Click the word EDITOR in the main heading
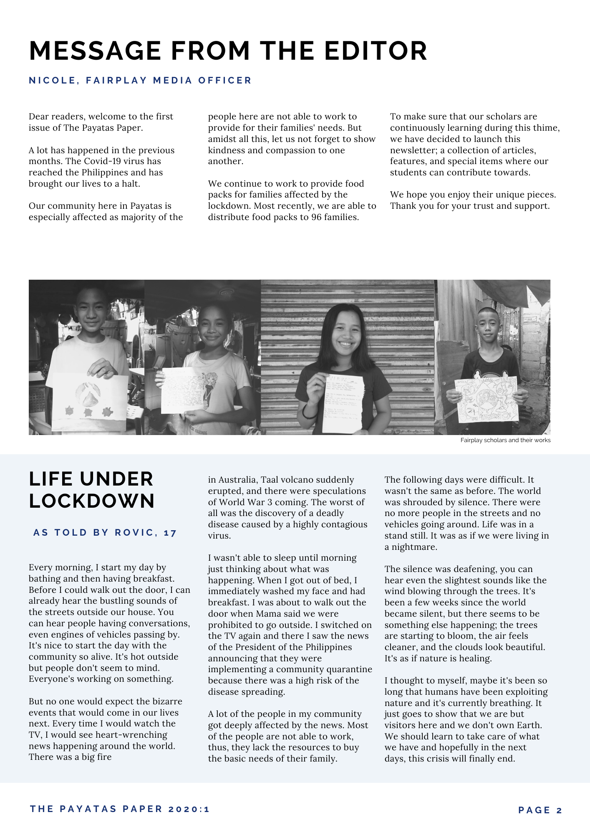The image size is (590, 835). (x=376, y=51)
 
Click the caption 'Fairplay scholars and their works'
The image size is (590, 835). (x=505, y=440)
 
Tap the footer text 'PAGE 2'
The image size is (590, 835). (x=540, y=810)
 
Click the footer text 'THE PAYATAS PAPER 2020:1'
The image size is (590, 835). (x=120, y=809)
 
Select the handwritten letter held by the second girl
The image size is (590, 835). (x=182, y=390)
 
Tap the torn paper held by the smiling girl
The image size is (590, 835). (x=343, y=403)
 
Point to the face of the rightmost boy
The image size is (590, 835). (x=488, y=324)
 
